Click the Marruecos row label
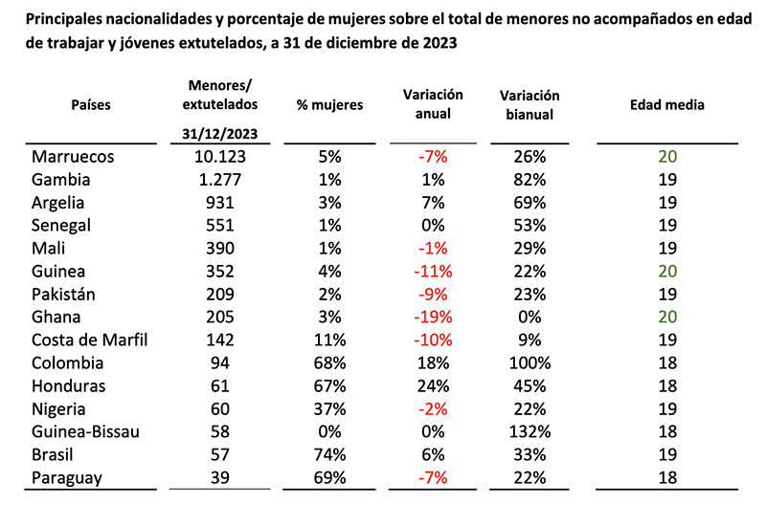point(74,157)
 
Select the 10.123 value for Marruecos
point(227,157)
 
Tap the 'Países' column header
point(91,105)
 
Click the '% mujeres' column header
point(329,105)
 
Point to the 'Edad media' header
point(666,105)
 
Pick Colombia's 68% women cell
point(329,363)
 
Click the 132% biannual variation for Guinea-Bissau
point(529,432)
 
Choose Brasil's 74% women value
point(329,455)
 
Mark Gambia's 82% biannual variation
point(529,180)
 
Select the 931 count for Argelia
point(227,203)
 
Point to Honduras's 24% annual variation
point(433,386)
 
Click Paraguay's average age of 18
point(666,478)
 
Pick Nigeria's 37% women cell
point(329,409)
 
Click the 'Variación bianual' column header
point(529,105)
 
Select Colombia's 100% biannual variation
point(529,363)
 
